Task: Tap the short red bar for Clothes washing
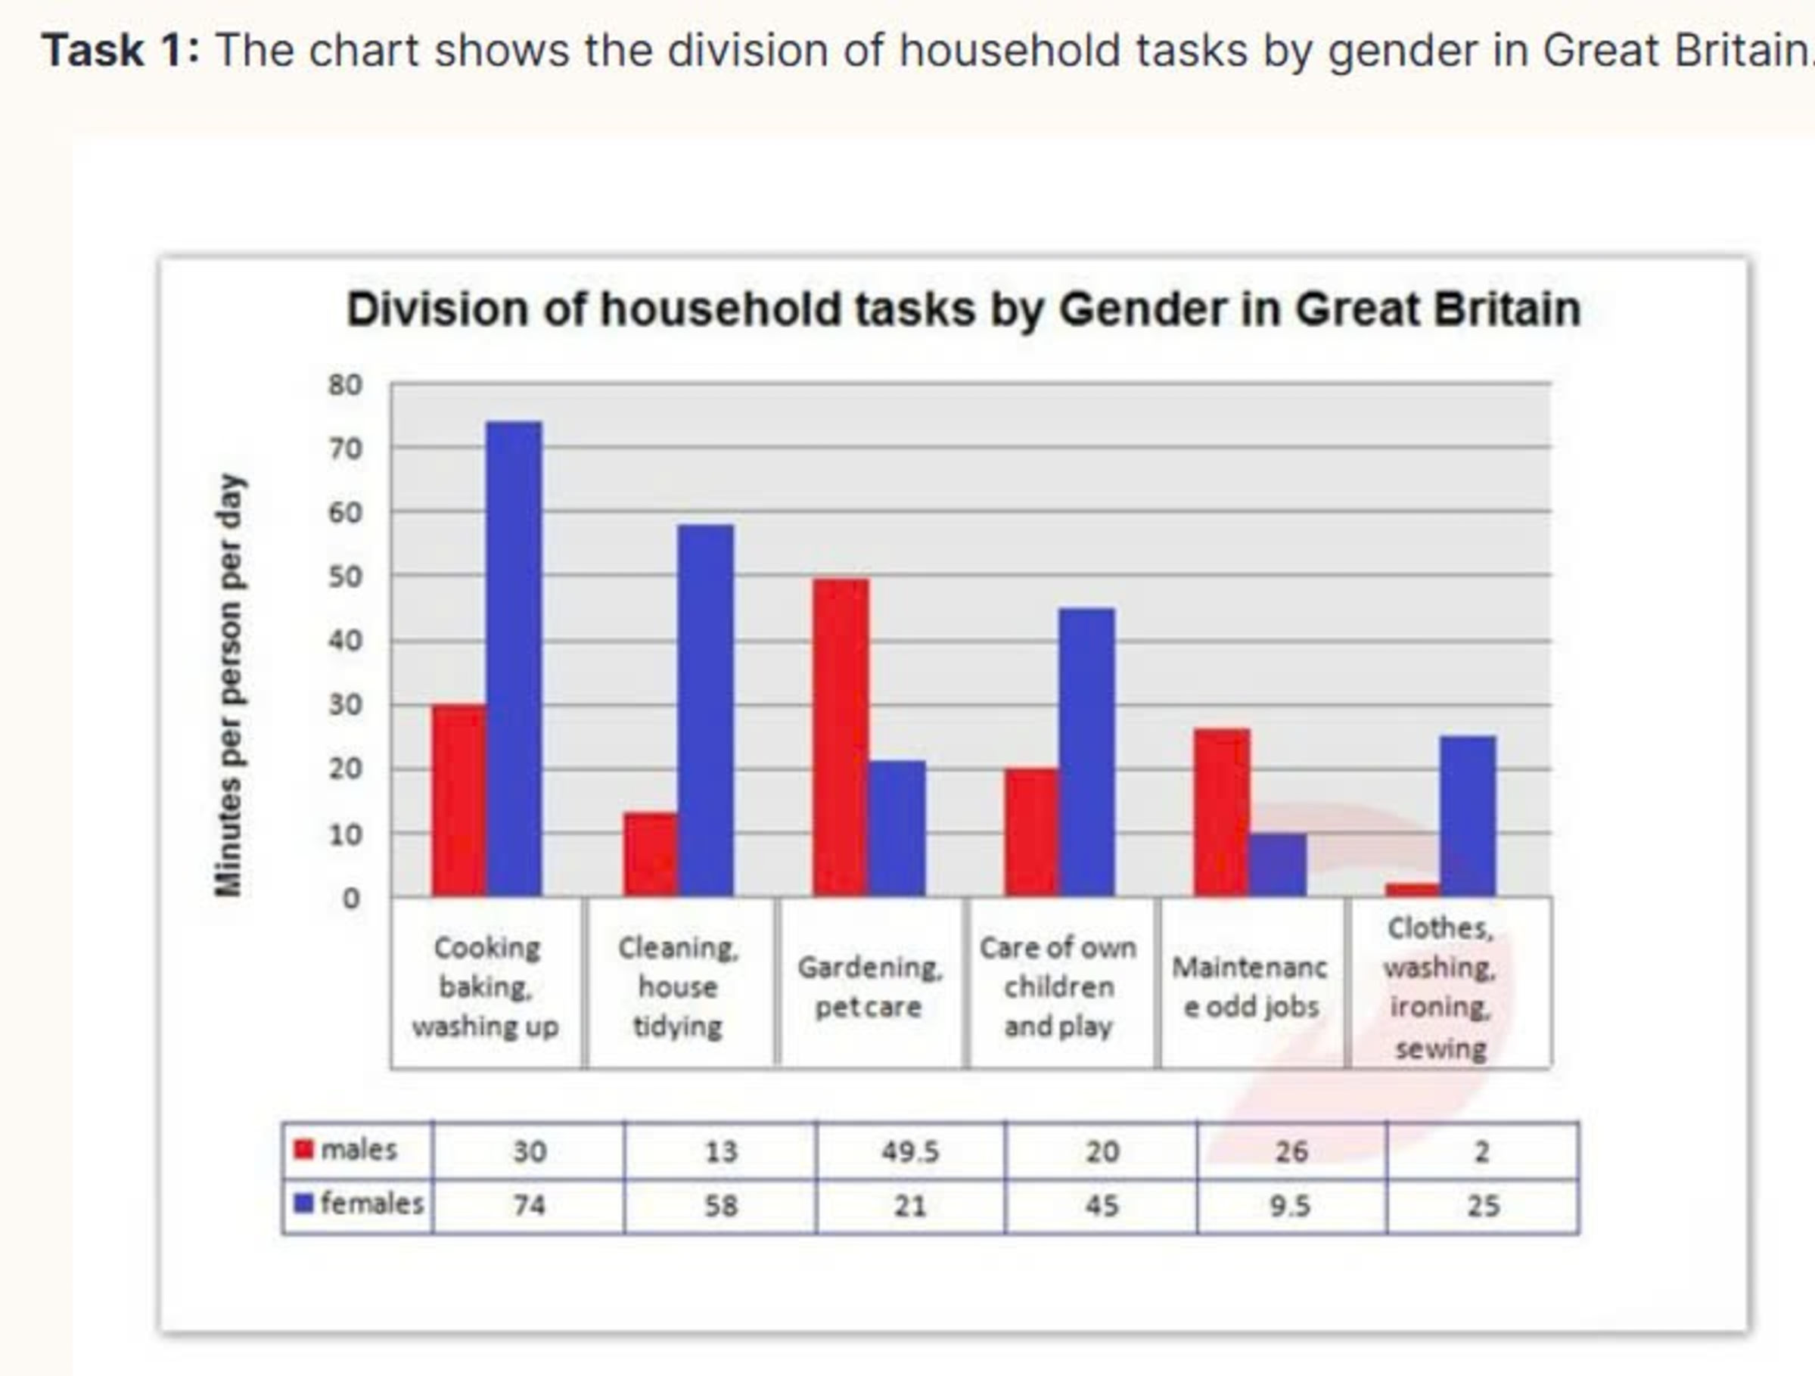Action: (x=1412, y=890)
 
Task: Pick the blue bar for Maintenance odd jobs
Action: (x=1278, y=864)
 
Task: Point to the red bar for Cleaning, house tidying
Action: (x=651, y=854)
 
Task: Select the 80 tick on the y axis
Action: (x=345, y=385)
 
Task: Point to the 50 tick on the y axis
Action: (x=345, y=577)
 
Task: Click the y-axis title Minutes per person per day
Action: (x=229, y=685)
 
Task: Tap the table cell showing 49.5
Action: (x=910, y=1151)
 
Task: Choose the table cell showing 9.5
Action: (x=1290, y=1205)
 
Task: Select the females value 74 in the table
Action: (x=530, y=1205)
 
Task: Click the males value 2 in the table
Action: (x=1482, y=1151)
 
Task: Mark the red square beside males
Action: (x=303, y=1149)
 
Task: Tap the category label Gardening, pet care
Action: (x=869, y=986)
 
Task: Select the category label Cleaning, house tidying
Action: (x=678, y=986)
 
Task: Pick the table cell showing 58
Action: (x=720, y=1205)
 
